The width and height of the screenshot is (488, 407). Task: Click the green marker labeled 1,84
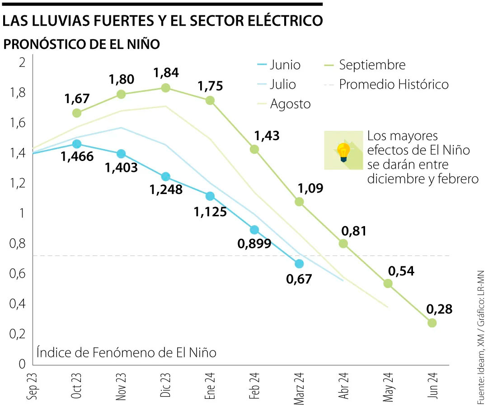166,88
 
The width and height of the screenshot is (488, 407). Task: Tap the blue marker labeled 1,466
77,144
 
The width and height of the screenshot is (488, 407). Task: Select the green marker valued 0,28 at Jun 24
432,323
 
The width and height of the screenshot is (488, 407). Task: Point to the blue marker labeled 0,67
299,264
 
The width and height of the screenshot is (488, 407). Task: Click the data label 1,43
267,135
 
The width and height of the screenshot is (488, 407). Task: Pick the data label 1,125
210,211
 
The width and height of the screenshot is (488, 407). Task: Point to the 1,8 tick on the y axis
18,93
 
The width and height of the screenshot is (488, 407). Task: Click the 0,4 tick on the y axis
18,304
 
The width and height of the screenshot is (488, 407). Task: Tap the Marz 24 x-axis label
299,388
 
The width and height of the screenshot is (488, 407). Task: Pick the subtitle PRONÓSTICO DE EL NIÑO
82,45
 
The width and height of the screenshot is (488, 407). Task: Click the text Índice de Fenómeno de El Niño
127,352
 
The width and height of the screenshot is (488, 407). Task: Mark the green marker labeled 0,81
343,243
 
